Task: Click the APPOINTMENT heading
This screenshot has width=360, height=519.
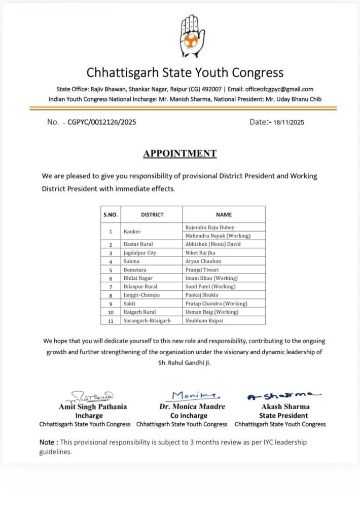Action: [179, 154]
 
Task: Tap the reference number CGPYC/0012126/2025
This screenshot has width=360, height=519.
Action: [101, 122]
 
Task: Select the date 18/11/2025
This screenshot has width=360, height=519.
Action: [289, 122]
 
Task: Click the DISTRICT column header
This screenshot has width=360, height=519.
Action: [152, 214]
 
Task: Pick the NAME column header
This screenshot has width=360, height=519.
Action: [224, 214]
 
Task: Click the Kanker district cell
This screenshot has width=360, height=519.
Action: [132, 232]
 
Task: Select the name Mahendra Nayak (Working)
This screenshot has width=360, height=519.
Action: [218, 236]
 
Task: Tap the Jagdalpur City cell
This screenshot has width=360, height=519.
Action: [140, 253]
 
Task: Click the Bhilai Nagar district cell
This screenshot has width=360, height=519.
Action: [140, 278]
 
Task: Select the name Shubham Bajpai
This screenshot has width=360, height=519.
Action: [205, 320]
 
